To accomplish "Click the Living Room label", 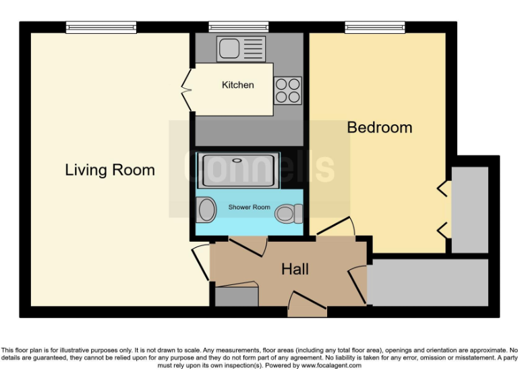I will tap(110, 170).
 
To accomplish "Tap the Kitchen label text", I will tap(238, 85).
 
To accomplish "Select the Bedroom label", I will tap(379, 127).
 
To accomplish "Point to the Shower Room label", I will tap(249, 207).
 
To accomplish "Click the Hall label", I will tap(295, 269).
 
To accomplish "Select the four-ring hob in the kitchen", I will tap(287, 91).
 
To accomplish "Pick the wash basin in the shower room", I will tap(205, 210).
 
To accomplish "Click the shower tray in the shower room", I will tap(237, 170).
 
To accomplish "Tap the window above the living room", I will tap(101, 28).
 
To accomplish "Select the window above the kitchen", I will tap(239, 28).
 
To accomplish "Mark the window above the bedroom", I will tap(376, 28).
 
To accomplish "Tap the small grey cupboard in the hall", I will tap(237, 296).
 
